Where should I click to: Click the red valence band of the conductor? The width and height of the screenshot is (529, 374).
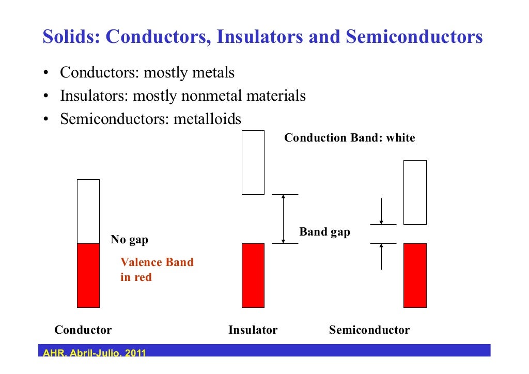click(x=88, y=275)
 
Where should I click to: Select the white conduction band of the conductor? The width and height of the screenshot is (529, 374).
click(x=88, y=211)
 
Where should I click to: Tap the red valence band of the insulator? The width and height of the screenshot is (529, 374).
click(x=253, y=275)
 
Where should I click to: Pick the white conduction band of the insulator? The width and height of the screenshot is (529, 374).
click(x=253, y=162)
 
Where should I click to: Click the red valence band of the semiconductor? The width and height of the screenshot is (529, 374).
click(x=415, y=275)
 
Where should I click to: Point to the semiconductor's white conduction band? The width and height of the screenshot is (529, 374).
click(x=415, y=192)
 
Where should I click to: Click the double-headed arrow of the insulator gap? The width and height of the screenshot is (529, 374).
click(x=283, y=219)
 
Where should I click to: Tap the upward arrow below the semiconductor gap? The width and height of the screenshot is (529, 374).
click(x=381, y=257)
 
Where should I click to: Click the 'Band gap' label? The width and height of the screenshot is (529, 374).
click(x=324, y=232)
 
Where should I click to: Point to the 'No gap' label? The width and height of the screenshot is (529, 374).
click(x=130, y=240)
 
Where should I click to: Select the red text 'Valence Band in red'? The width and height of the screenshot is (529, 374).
click(x=157, y=270)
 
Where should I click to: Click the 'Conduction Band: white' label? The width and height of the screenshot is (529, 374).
click(x=350, y=138)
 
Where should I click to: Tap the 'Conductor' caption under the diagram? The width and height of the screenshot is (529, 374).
click(x=83, y=330)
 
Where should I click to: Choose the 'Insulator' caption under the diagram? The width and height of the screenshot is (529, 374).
click(x=253, y=330)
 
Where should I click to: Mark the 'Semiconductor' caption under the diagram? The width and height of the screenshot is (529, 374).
click(x=369, y=330)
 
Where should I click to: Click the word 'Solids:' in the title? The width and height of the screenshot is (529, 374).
click(x=72, y=37)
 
